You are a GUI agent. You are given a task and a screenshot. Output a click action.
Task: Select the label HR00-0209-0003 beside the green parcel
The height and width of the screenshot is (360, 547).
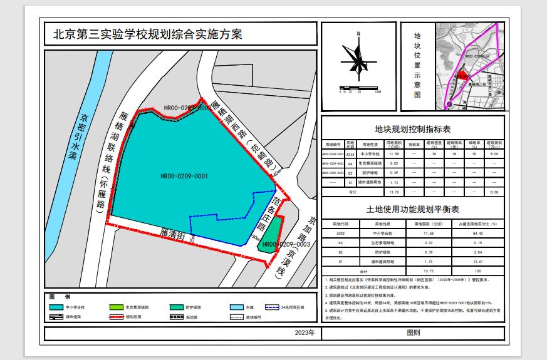287,244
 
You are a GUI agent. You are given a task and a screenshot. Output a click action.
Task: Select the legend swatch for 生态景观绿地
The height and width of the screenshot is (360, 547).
118,308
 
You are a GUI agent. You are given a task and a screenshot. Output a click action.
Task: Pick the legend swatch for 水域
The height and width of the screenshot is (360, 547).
236,308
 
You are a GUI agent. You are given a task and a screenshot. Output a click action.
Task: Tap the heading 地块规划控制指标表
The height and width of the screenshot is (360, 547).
413,130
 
